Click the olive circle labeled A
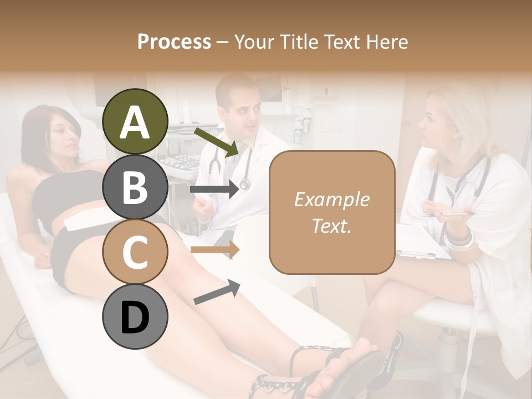coord(135,121)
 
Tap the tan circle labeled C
coord(135,252)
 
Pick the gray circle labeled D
coord(135,317)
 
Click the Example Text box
coord(332,212)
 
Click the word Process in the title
coord(174,42)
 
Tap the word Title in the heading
coord(301,42)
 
